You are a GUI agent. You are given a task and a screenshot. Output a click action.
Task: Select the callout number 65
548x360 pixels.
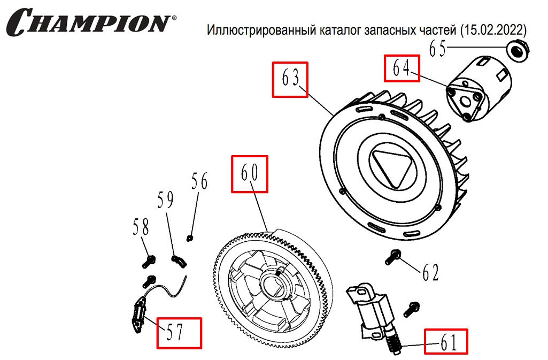click(x=438, y=49)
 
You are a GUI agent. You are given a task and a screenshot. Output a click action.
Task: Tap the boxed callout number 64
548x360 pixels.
click(x=401, y=69)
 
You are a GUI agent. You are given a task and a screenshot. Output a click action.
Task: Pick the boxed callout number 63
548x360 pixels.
click(x=290, y=80)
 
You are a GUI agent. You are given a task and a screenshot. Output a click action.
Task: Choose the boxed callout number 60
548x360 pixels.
click(x=249, y=174)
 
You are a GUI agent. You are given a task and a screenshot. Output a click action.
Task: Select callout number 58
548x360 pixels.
click(x=141, y=228)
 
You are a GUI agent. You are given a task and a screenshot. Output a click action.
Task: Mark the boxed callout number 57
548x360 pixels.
click(x=179, y=333)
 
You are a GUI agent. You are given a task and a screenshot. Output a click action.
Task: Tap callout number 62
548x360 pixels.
click(x=430, y=273)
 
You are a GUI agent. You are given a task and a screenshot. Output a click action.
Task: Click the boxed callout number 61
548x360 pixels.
click(x=446, y=341)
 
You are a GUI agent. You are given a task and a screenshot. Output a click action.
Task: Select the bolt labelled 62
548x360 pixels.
click(x=393, y=257)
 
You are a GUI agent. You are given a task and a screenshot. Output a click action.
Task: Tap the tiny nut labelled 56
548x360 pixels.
click(x=189, y=238)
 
